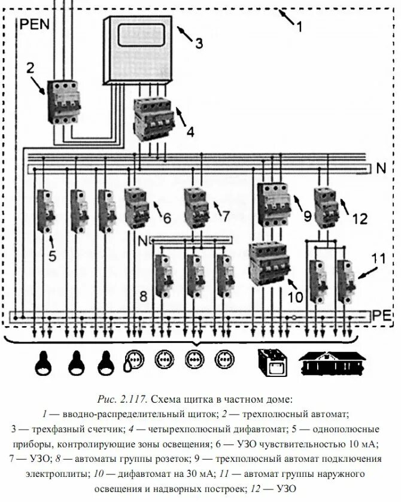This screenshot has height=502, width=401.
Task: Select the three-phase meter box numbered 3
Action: click(x=141, y=50)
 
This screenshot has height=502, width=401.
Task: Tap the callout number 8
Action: click(x=143, y=296)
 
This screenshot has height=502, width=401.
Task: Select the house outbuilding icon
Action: click(x=332, y=362)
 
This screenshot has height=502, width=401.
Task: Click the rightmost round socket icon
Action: click(x=224, y=361)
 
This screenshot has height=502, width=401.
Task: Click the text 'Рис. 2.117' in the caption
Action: click(x=122, y=398)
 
